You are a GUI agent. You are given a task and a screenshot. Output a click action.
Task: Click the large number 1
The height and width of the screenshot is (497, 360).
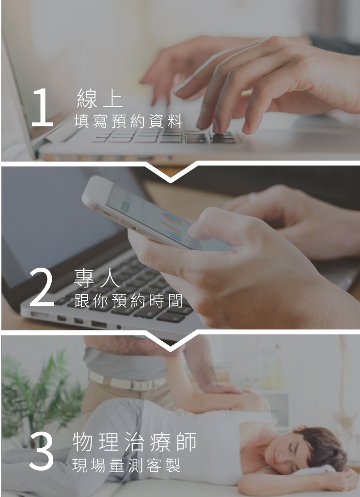(x=42, y=108)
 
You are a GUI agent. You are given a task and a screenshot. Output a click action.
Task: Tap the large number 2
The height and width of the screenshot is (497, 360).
(x=42, y=287)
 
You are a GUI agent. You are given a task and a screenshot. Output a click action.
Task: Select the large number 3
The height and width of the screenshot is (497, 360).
(x=41, y=450)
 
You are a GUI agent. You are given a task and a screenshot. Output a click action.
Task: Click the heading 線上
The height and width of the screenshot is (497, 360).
(x=99, y=98)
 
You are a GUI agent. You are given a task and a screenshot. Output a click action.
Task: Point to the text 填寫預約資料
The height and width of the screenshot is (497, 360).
(x=128, y=121)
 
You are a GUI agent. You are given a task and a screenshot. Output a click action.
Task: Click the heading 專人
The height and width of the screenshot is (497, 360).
(x=97, y=278)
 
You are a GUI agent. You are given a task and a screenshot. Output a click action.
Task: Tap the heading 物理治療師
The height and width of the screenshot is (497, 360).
(x=134, y=442)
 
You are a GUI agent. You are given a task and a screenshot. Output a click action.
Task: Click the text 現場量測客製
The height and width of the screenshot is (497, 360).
(x=126, y=465)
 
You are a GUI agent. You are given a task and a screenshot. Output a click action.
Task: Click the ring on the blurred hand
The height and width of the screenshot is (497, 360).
(x=252, y=197)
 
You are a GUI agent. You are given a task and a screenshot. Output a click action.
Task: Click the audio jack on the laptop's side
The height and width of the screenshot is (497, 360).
(x=118, y=327)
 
